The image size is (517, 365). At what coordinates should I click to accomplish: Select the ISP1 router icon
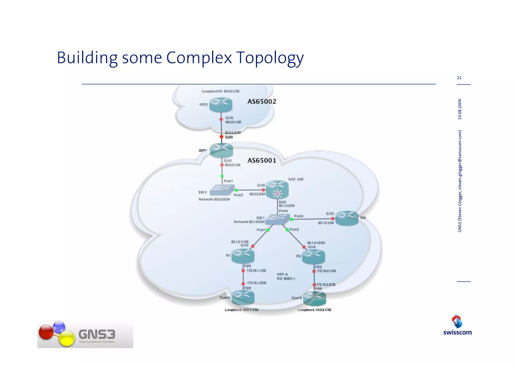pyautogui.click(x=221, y=150)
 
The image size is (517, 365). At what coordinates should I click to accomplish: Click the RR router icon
pyautogui.click(x=347, y=218)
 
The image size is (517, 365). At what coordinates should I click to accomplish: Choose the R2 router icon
pyautogui.click(x=313, y=256)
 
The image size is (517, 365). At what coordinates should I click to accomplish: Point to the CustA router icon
pyautogui.click(x=243, y=297)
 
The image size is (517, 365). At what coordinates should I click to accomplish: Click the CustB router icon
pyautogui.click(x=315, y=298)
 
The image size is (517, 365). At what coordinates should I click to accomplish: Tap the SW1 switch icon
pyautogui.click(x=277, y=219)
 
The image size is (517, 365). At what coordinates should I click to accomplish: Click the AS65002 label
pyautogui.click(x=262, y=102)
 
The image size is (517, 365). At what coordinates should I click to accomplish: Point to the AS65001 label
pyautogui.click(x=262, y=161)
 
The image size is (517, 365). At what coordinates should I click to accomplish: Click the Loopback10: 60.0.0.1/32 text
pyautogui.click(x=220, y=91)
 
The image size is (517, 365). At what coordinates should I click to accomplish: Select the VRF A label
pyautogui.click(x=282, y=274)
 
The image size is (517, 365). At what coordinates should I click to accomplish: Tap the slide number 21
pyautogui.click(x=459, y=78)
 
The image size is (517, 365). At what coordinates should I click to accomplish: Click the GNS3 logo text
pyautogui.click(x=97, y=334)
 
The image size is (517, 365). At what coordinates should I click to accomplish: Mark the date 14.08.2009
pyautogui.click(x=460, y=109)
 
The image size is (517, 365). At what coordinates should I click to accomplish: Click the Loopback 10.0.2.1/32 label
pyautogui.click(x=314, y=310)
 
